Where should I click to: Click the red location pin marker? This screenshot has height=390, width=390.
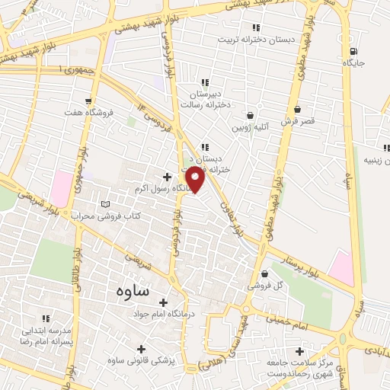197,180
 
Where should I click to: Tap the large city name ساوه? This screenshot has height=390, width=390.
134,291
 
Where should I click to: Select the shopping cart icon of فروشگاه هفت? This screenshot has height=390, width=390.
91,101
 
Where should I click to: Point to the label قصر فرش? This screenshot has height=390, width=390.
296,120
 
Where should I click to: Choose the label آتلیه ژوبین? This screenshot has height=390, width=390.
251,127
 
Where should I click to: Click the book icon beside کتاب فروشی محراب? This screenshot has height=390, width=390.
105,205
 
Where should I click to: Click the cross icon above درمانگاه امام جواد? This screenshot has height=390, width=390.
162,302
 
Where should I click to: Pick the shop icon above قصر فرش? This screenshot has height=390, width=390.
296,110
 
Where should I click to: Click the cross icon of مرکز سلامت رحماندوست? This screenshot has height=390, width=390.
300,352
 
